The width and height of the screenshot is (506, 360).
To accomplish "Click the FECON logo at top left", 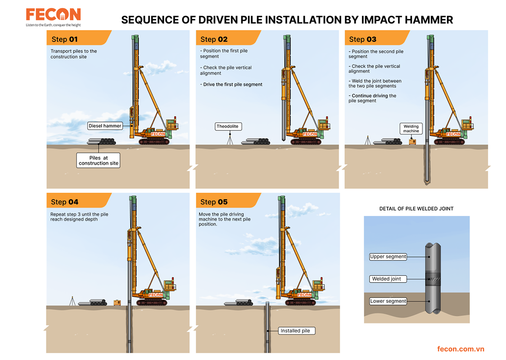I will pyautogui.click(x=53, y=15).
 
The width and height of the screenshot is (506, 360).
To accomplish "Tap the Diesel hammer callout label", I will pyautogui.click(x=105, y=126).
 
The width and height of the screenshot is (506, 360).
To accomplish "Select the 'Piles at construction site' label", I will pyautogui.click(x=99, y=161).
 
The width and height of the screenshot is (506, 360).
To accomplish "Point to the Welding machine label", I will pyautogui.click(x=411, y=129).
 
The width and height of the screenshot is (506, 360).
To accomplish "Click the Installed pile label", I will pyautogui.click(x=295, y=331).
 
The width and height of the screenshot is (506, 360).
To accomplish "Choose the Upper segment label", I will pyautogui.click(x=388, y=256).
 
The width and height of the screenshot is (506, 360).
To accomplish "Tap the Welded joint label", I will pyautogui.click(x=386, y=279).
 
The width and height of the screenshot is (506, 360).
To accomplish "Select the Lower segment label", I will pyautogui.click(x=388, y=301).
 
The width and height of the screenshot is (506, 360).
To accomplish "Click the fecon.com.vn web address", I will pyautogui.click(x=461, y=349).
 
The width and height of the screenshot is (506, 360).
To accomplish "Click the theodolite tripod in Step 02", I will pyautogui.click(x=230, y=140).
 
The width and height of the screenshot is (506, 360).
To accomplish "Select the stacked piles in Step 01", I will pyautogui.click(x=102, y=142).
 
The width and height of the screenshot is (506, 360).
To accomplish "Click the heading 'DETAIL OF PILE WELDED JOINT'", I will pyautogui.click(x=416, y=209).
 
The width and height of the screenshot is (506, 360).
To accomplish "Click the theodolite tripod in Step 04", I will pyautogui.click(x=72, y=301).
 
